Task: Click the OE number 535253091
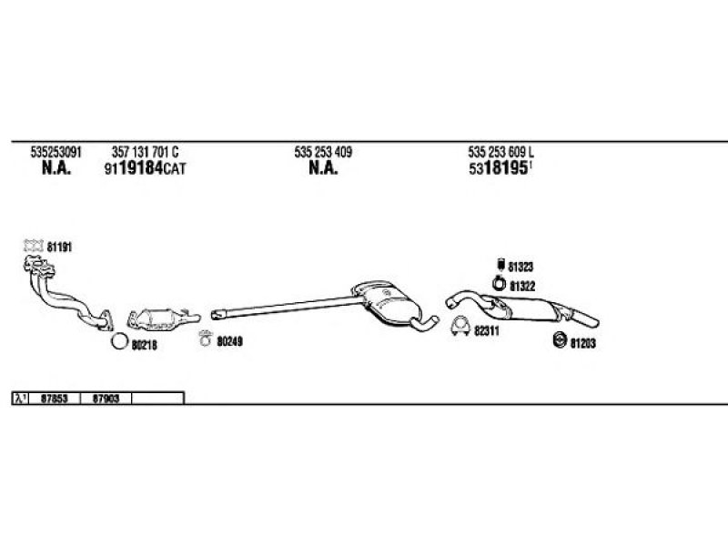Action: pos(56,152)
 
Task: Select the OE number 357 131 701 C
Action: pos(145,152)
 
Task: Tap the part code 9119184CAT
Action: pos(145,167)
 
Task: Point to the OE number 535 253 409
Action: pos(323,152)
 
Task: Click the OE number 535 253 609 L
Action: pos(501,152)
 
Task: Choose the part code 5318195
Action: pos(499,167)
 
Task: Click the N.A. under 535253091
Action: pos(56,167)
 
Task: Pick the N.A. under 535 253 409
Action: pos(323,167)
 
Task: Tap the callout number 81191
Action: pos(59,247)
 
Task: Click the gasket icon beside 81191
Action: pos(34,246)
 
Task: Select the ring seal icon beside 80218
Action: pos(119,342)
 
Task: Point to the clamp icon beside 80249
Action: pos(205,338)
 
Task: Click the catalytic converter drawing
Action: pos(164,318)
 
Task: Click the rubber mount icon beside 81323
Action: pos(500,264)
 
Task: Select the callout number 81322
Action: pos(522,286)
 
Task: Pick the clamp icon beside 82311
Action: pos(460,327)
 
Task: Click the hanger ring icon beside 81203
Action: pos(561,339)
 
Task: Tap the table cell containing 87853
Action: pos(55,399)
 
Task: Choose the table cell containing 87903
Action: pos(106,399)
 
